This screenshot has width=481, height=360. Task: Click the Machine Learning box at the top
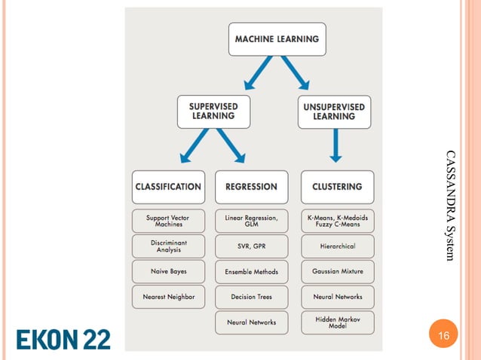coord(277,39)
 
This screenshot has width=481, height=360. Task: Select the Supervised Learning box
coord(213,111)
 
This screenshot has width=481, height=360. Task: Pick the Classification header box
coord(168,187)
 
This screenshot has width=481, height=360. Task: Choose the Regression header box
coord(251,187)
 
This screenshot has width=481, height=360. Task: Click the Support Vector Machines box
coord(168,221)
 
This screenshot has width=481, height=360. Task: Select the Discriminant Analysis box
coord(168,246)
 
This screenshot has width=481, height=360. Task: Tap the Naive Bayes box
coord(168,271)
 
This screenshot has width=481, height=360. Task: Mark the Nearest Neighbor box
coord(168,297)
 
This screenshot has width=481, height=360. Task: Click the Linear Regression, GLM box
coord(251,221)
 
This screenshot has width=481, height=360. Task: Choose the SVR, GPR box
coord(251,246)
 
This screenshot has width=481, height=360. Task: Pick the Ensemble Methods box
coord(251,271)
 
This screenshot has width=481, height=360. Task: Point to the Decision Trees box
coord(251,297)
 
